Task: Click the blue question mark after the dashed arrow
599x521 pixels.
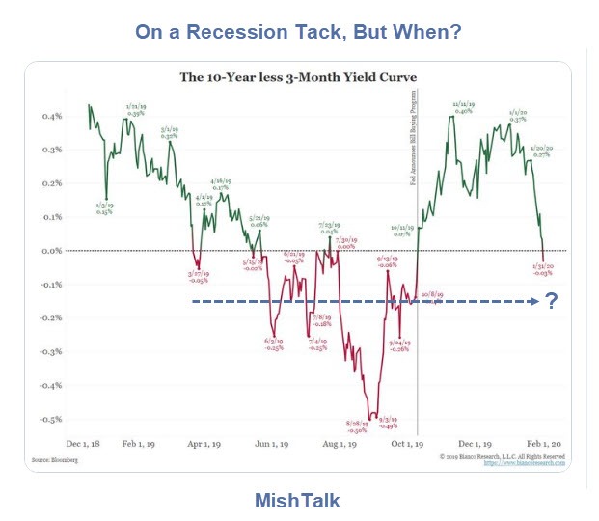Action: pos(552,301)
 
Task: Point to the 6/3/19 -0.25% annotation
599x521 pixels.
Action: pos(273,343)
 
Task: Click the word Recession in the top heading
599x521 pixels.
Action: pos(258,32)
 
